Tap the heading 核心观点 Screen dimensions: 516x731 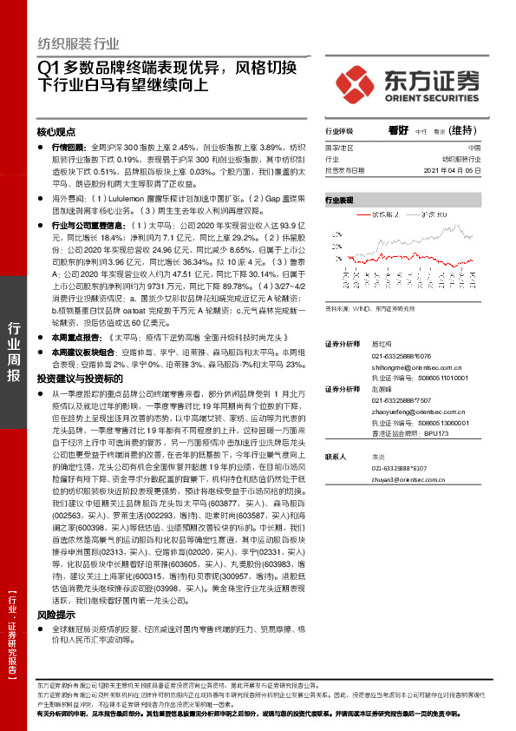[x=56, y=133]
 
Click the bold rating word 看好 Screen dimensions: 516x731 [x=398, y=130]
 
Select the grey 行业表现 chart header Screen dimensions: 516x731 [x=340, y=201]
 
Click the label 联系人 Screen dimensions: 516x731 [x=336, y=456]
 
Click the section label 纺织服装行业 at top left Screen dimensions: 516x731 [x=78, y=44]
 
